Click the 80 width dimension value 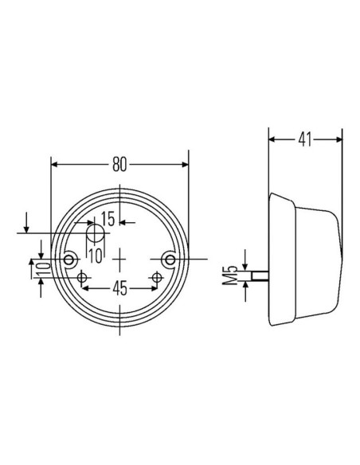119,165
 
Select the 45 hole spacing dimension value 119,288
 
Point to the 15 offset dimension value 108,219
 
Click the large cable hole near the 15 96,234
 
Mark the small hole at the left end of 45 82,276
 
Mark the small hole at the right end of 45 158,276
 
